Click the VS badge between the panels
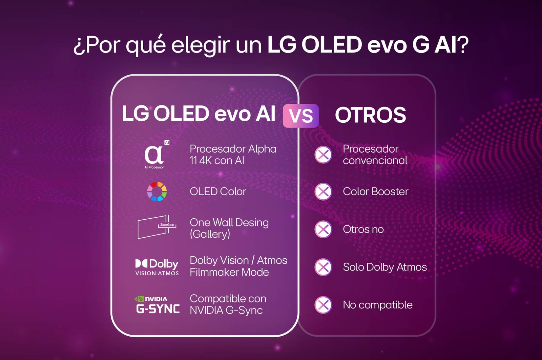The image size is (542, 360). pyautogui.click(x=300, y=116)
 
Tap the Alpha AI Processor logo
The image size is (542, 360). pyautogui.click(x=155, y=155)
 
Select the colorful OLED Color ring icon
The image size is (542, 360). pyautogui.click(x=157, y=192)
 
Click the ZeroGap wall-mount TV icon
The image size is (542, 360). pyautogui.click(x=157, y=226)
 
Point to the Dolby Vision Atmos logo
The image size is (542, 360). pyautogui.click(x=157, y=267)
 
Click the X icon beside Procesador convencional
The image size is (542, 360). pyautogui.click(x=323, y=155)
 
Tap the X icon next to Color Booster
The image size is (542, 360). pyautogui.click(x=323, y=192)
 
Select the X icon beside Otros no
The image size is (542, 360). pyautogui.click(x=323, y=229)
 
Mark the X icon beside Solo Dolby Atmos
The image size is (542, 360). pyautogui.click(x=323, y=267)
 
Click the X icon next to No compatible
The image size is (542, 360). pyautogui.click(x=323, y=305)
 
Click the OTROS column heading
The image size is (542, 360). pyautogui.click(x=370, y=115)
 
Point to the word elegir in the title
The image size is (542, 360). pyautogui.click(x=200, y=45)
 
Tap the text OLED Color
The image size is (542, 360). pyautogui.click(x=218, y=192)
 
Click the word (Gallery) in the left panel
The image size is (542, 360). pyautogui.click(x=210, y=234)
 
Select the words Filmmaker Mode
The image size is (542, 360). pyautogui.click(x=229, y=272)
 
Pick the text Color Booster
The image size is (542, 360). pyautogui.click(x=375, y=192)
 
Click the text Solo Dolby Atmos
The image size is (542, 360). pyautogui.click(x=385, y=267)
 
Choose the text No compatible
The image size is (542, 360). pyautogui.click(x=378, y=305)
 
